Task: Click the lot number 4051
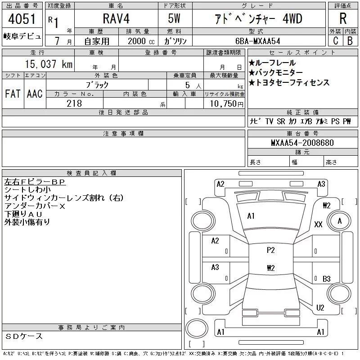[22, 19]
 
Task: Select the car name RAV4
[116, 18]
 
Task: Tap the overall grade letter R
[343, 18]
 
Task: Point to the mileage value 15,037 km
[49, 64]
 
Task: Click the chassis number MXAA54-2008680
[302, 143]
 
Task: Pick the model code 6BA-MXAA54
[258, 41]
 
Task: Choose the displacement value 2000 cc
[141, 41]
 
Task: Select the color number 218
[74, 103]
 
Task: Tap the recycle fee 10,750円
[227, 104]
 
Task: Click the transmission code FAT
[13, 94]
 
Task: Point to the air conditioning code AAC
[35, 94]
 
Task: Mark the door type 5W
[174, 18]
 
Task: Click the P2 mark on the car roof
[271, 250]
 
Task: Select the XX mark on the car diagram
[318, 224]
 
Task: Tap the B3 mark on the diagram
[327, 279]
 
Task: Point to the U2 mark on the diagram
[320, 308]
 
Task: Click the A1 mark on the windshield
[251, 216]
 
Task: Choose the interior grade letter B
[350, 41]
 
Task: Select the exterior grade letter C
[336, 41]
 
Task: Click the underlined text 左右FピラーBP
[35, 182]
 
